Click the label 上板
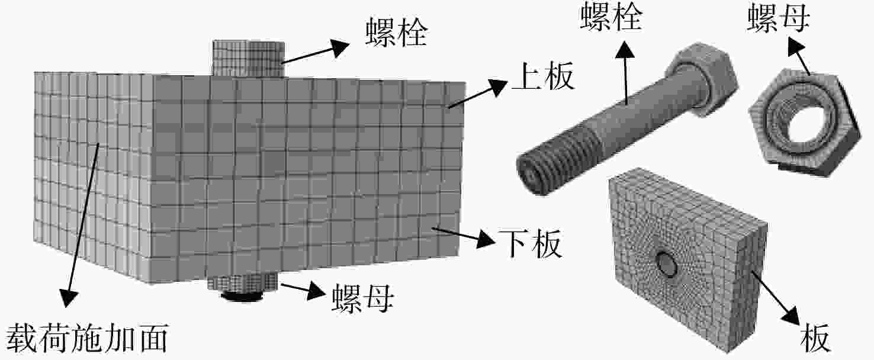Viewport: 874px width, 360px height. [x=543, y=76]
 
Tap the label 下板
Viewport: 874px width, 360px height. [x=530, y=243]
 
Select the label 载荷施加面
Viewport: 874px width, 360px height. [x=86, y=337]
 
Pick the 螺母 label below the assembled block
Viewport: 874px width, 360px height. [x=362, y=298]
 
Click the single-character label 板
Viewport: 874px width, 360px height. [x=815, y=337]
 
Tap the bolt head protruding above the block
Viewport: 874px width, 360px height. [x=248, y=57]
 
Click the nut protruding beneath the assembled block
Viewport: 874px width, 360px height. [x=243, y=289]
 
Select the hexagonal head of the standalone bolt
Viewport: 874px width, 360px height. [x=701, y=79]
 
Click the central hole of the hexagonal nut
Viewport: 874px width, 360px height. [x=805, y=124]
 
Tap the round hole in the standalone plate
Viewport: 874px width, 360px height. [x=666, y=264]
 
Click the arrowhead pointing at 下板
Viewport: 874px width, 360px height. [x=486, y=239]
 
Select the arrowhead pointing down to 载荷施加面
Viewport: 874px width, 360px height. [x=68, y=297]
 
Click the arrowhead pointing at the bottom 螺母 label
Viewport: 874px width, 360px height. [x=316, y=291]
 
